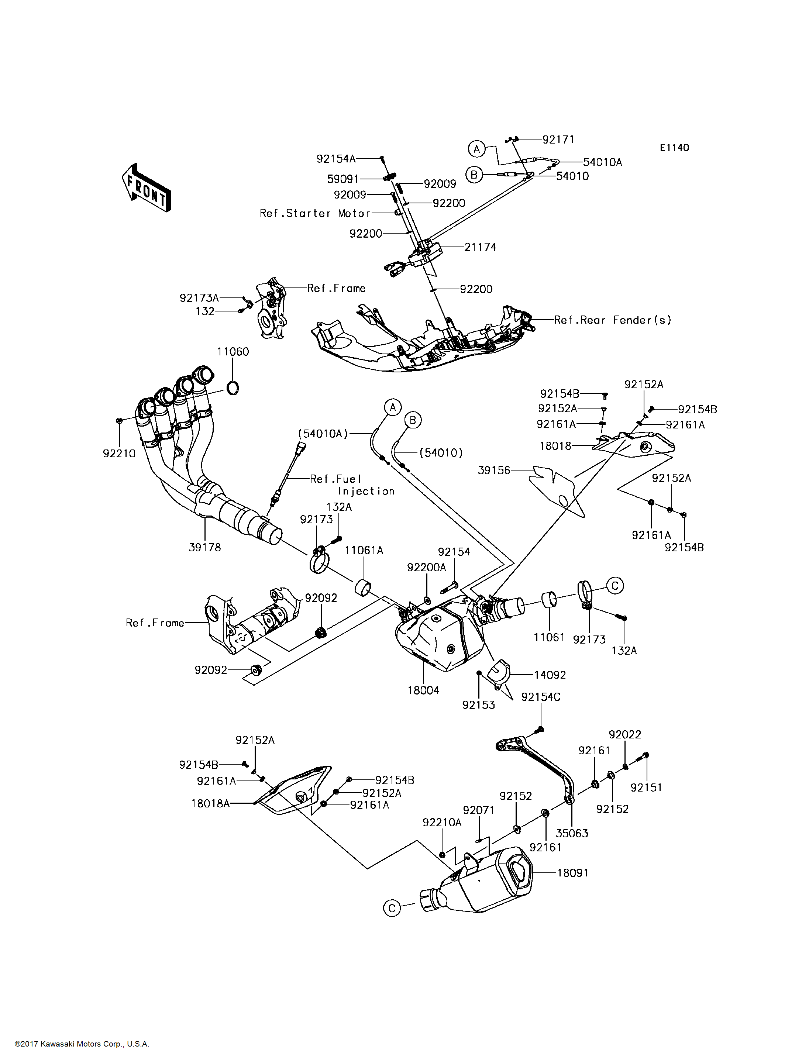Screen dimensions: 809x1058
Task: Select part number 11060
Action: pyautogui.click(x=233, y=352)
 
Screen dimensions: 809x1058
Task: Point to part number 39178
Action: pyautogui.click(x=205, y=548)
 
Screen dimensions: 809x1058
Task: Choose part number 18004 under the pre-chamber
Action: pyautogui.click(x=423, y=690)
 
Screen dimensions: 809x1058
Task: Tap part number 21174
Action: pyautogui.click(x=480, y=247)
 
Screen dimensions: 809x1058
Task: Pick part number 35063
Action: pyautogui.click(x=572, y=834)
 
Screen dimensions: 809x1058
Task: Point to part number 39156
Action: pyautogui.click(x=494, y=470)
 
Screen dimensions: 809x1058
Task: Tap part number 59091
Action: pyautogui.click(x=343, y=179)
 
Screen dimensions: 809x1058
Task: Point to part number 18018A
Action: pyautogui.click(x=210, y=803)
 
